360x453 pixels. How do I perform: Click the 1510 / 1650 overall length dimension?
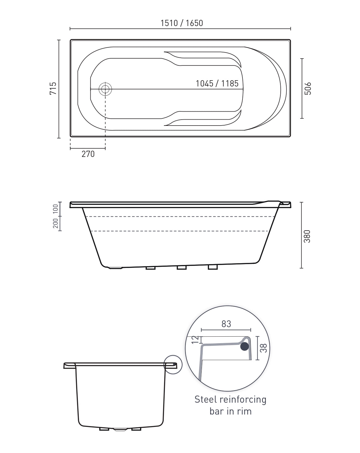[181, 23]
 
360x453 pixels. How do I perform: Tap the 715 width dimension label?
[53, 89]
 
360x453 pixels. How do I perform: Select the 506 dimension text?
[308, 89]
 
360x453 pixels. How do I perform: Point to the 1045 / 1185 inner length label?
[217, 83]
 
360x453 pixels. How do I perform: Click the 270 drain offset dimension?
[88, 154]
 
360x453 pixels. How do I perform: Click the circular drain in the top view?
[105, 89]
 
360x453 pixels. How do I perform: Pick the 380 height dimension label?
[307, 236]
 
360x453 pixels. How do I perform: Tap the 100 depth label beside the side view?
[55, 209]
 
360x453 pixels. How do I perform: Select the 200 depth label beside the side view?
[55, 223]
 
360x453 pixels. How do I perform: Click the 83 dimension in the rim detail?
[226, 324]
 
